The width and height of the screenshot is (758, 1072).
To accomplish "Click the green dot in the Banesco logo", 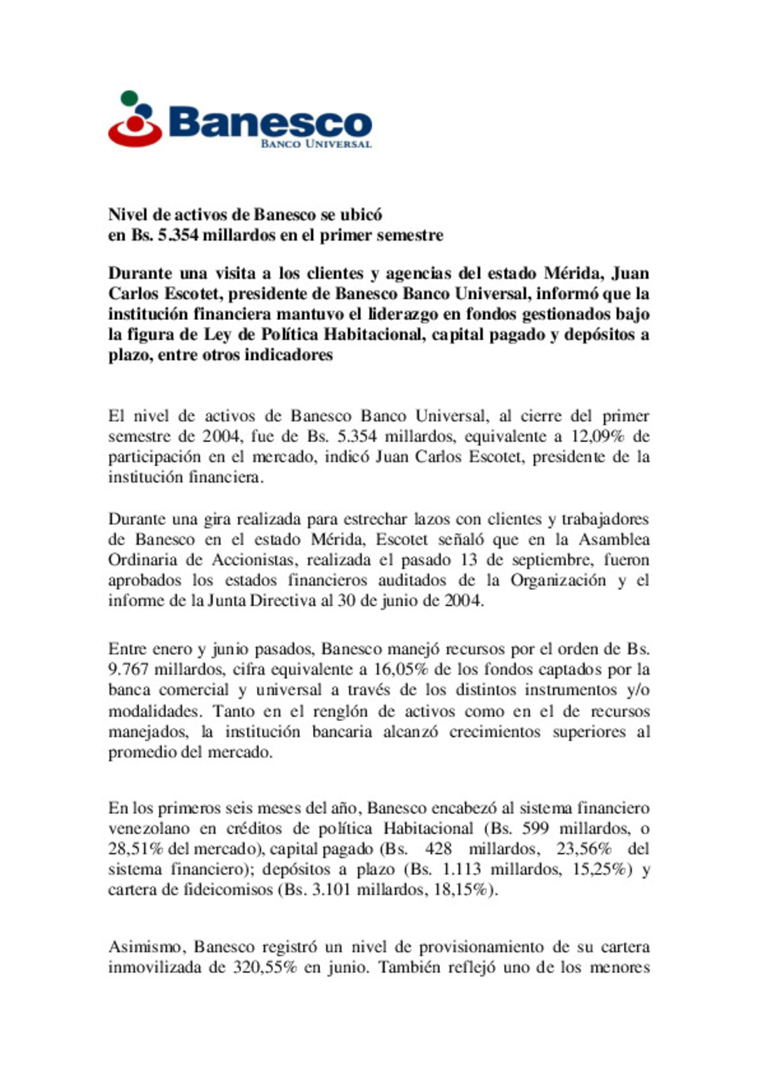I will click(129, 98).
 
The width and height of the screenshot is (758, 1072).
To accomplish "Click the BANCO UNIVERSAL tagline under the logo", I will click(316, 144).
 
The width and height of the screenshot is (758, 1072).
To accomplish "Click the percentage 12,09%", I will click(597, 436).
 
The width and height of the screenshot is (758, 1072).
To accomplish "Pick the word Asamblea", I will click(614, 540).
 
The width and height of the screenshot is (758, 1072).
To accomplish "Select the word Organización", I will click(558, 580).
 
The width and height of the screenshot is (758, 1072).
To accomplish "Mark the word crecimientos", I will click(496, 732).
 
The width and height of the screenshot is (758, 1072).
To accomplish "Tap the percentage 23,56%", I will click(584, 849).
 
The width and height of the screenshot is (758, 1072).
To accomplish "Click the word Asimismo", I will click(147, 947).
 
